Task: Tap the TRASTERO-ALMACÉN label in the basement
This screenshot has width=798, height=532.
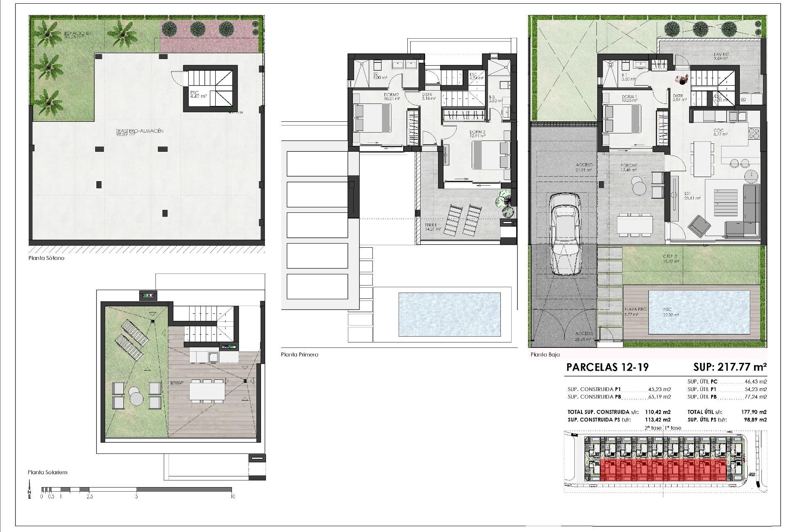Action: [140, 133]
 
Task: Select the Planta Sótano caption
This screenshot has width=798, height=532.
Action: [46, 258]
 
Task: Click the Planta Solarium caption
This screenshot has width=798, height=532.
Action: [47, 472]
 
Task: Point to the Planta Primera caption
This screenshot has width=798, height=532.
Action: [299, 355]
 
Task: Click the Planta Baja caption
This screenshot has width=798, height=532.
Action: [545, 355]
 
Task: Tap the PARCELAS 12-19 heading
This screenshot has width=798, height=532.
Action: [607, 367]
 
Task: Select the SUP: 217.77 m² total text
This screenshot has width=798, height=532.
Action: [730, 367]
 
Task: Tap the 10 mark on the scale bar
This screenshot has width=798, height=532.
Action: [233, 496]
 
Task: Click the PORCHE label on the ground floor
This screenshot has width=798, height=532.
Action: [628, 167]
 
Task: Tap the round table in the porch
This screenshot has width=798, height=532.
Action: [637, 185]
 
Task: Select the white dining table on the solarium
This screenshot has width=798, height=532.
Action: [207, 391]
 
